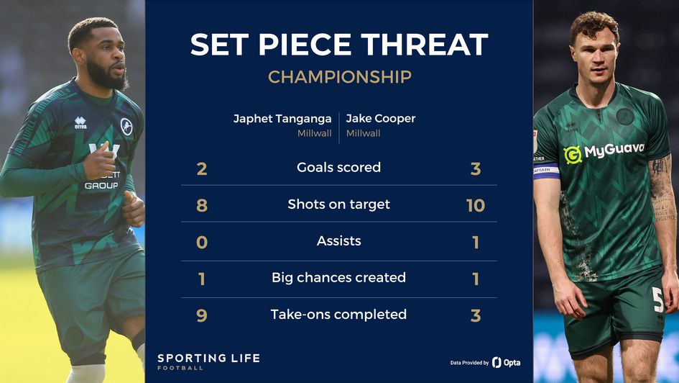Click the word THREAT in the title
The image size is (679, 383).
click(x=425, y=44)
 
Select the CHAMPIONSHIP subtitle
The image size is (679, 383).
click(x=339, y=77)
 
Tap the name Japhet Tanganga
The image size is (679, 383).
click(x=282, y=119)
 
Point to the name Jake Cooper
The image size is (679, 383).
click(x=381, y=119)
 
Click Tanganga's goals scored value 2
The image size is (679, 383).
click(x=202, y=168)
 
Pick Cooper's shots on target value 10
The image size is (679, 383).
click(x=476, y=206)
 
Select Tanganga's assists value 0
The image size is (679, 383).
click(x=202, y=242)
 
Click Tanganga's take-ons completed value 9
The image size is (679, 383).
click(x=202, y=315)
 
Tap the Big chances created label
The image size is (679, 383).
click(x=338, y=278)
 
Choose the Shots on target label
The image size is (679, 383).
click(x=338, y=204)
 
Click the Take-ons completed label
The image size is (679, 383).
click(x=338, y=315)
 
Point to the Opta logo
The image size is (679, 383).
click(x=507, y=362)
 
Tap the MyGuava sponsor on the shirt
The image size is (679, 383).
click(x=604, y=153)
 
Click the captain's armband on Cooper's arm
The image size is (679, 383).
click(x=546, y=171)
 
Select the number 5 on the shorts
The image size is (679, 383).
click(x=657, y=299)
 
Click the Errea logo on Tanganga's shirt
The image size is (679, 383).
click(x=80, y=123)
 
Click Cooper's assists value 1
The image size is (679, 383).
click(x=476, y=243)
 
